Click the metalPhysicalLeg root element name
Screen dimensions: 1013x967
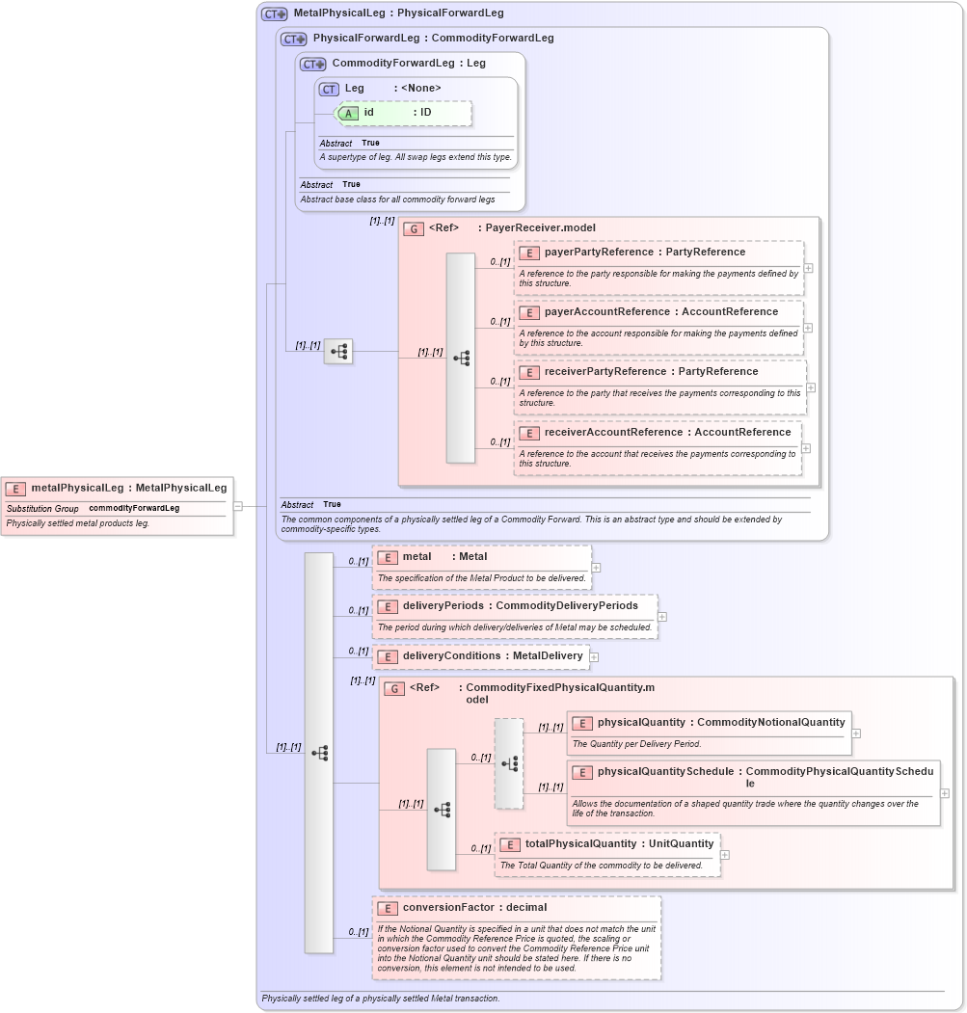81,488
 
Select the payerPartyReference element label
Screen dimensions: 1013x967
598,253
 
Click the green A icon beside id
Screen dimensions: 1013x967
349,113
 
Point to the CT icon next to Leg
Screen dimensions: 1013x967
329,89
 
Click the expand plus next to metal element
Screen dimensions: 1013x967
596,568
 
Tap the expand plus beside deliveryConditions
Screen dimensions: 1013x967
594,657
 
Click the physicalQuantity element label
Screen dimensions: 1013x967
640,722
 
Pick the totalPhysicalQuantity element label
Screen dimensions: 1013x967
580,844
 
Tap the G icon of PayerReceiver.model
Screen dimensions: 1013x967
414,228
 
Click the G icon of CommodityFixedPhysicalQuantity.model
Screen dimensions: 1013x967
393,688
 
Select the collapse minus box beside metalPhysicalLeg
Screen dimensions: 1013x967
237,505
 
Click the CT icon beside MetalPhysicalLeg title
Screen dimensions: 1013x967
275,14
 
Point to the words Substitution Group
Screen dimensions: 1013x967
42,508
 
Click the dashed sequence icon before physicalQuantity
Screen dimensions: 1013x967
509,763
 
